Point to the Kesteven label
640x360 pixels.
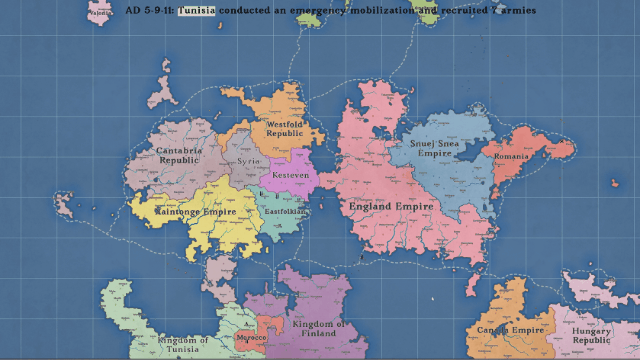pyautogui.click(x=288, y=175)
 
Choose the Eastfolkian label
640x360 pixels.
pyautogui.click(x=285, y=212)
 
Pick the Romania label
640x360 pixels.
pyautogui.click(x=511, y=158)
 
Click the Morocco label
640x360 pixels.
pyautogui.click(x=251, y=338)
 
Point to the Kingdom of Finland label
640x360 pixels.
pyautogui.click(x=318, y=330)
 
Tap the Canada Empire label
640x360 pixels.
pyautogui.click(x=510, y=330)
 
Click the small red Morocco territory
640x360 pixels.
pyautogui.click(x=267, y=329)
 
